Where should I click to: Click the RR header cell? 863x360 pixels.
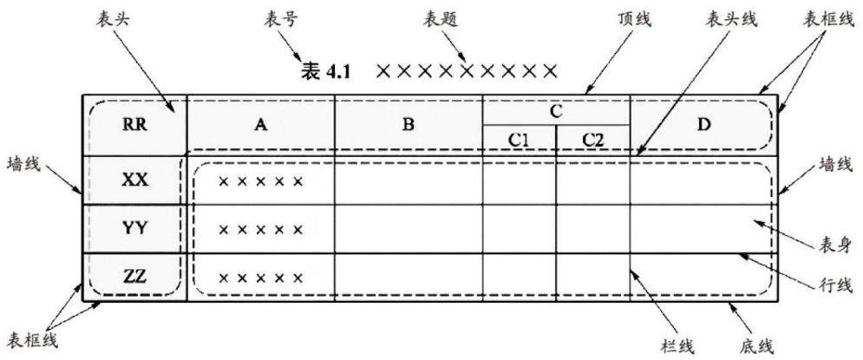(134, 125)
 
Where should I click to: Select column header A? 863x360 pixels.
(261, 125)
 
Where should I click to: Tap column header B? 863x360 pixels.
(408, 125)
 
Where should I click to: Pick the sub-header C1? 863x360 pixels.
(519, 140)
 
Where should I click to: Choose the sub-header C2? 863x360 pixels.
(592, 140)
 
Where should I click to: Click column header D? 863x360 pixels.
(703, 125)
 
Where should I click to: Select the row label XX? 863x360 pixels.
(134, 180)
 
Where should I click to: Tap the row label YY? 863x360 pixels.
(134, 228)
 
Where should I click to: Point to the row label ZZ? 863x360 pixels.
(134, 277)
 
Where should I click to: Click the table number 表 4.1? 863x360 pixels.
(326, 71)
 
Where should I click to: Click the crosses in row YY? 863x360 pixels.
(261, 229)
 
